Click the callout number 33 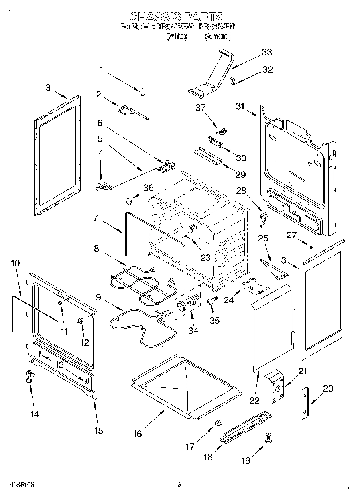point(266,52)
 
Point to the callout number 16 point(137,434)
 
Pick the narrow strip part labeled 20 point(306,403)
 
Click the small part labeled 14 point(29,375)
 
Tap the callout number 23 point(205,258)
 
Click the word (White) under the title point(177,36)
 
